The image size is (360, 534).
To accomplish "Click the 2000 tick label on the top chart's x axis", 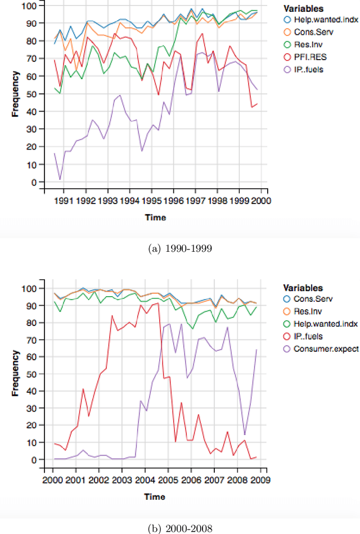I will [262, 200].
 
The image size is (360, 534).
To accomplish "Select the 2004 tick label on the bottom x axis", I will [145, 479].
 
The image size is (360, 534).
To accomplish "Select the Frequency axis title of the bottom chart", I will [16, 374].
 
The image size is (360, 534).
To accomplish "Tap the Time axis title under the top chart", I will [155, 217].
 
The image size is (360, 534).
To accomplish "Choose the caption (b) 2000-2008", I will [179, 528].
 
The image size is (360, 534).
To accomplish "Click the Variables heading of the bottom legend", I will [303, 287].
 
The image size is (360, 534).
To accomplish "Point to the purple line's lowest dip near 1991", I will [60, 179].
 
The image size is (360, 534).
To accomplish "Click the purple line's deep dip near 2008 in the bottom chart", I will [244, 435].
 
